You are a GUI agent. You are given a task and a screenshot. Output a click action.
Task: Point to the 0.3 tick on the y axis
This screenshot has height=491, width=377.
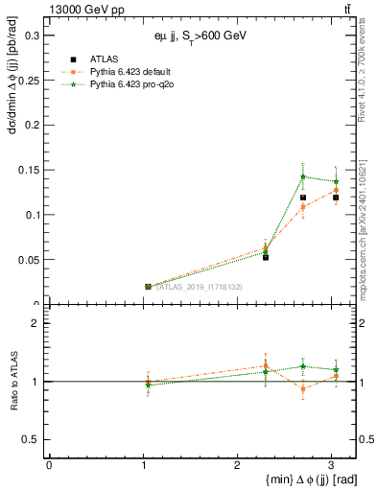[34, 35]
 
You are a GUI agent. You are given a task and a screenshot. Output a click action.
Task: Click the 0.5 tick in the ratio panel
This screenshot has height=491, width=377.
[34, 439]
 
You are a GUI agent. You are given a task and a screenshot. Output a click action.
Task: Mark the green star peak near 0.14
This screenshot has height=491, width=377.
[303, 176]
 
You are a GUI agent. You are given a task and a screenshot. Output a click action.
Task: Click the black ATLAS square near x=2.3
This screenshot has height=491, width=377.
[266, 257]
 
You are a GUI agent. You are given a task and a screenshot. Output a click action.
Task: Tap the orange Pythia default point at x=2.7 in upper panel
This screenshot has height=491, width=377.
[303, 206]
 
